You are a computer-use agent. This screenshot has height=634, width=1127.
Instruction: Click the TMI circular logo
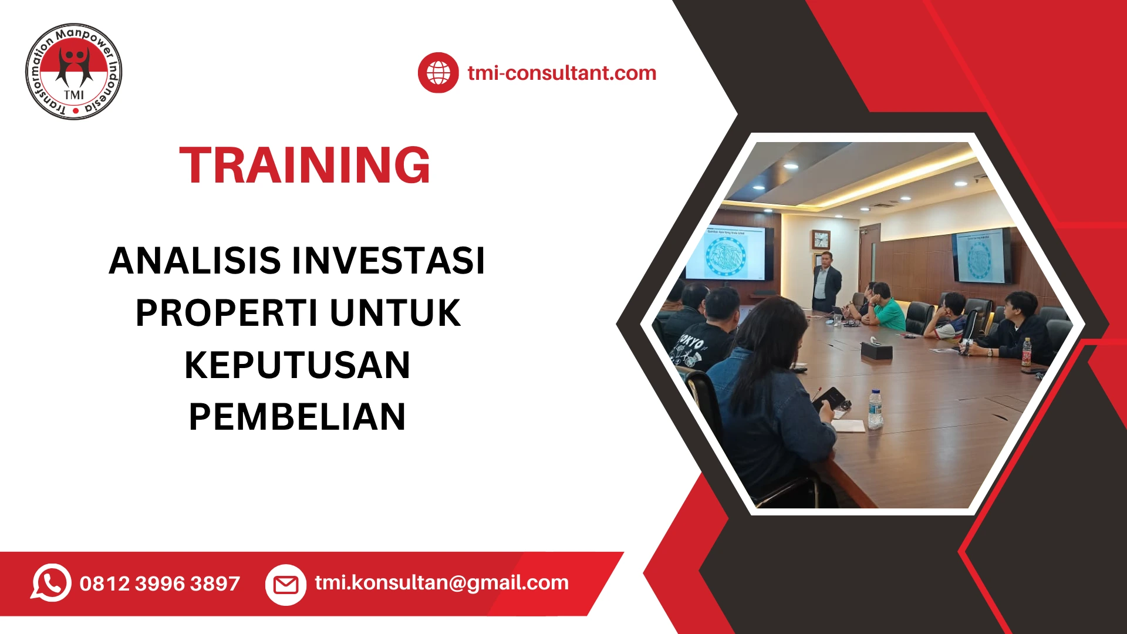(74, 72)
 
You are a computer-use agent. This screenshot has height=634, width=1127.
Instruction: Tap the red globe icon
(438, 73)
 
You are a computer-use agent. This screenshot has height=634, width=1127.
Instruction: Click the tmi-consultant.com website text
(562, 73)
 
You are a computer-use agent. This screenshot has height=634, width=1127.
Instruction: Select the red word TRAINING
(305, 166)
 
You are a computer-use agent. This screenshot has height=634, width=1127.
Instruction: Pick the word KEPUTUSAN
(297, 365)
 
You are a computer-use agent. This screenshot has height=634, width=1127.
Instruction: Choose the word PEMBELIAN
(297, 417)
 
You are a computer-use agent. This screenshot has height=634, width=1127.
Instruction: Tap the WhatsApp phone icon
(52, 583)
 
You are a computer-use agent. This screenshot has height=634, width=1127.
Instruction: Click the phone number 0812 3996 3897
(160, 584)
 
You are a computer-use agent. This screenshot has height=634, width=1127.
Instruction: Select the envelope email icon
(286, 585)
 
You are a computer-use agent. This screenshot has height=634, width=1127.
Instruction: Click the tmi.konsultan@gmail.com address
(441, 582)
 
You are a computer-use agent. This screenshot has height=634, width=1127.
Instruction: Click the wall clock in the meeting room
(821, 240)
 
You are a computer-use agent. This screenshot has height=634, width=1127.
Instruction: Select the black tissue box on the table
(876, 350)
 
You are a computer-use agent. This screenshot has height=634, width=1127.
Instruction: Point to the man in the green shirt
(887, 309)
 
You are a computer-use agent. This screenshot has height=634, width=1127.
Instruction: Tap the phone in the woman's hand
(829, 397)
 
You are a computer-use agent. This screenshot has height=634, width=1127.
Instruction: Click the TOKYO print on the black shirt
(692, 341)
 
